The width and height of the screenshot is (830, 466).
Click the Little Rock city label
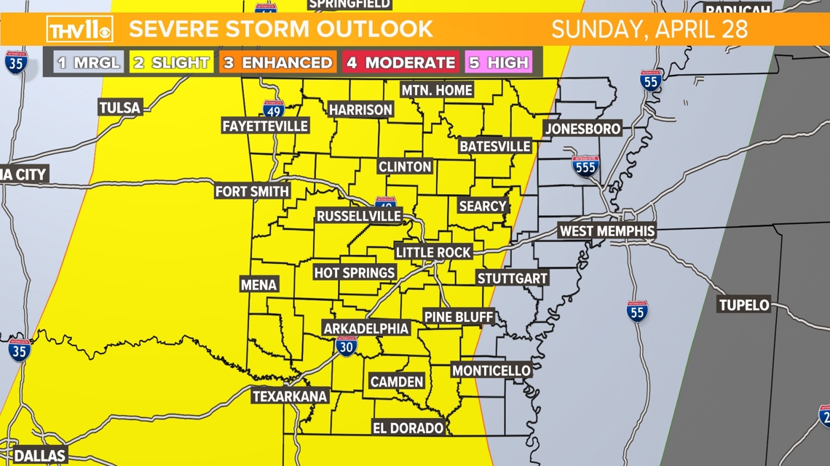click(x=434, y=252)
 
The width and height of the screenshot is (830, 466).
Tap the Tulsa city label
click(x=120, y=108)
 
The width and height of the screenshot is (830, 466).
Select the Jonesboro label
click(x=582, y=129)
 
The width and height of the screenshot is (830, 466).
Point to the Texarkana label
click(x=290, y=396)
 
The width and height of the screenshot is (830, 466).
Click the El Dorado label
click(x=408, y=428)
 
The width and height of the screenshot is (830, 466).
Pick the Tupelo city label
click(x=743, y=305)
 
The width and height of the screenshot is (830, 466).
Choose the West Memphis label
click(x=606, y=231)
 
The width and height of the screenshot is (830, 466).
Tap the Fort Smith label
click(x=253, y=191)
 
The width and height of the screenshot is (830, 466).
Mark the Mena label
click(x=258, y=284)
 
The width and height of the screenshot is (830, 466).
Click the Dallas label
click(x=40, y=456)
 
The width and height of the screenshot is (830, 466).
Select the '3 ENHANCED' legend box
click(x=277, y=63)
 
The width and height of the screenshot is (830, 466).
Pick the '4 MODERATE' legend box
click(x=400, y=63)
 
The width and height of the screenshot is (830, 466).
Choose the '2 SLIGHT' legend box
click(x=171, y=63)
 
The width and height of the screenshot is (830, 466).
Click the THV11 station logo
click(x=79, y=30)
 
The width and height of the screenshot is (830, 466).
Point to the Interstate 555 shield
click(x=585, y=166)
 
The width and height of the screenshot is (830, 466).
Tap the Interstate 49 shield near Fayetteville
click(x=274, y=109)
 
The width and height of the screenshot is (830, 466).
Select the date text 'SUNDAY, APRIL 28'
click(x=649, y=30)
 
